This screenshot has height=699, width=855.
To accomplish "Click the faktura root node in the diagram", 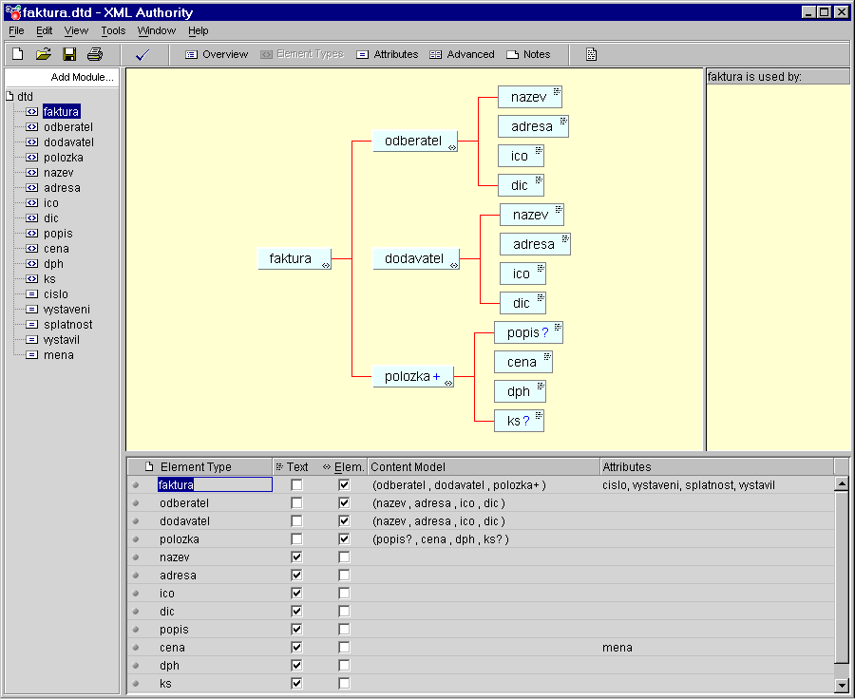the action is pyautogui.click(x=294, y=258).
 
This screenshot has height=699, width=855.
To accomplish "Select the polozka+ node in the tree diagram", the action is pyautogui.click(x=413, y=376).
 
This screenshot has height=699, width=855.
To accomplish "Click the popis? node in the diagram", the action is pyautogui.click(x=528, y=332).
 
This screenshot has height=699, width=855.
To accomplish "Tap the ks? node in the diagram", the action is pyautogui.click(x=519, y=421).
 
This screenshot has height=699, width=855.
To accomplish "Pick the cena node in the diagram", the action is pyautogui.click(x=523, y=362).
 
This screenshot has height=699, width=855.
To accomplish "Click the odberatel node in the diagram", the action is pyautogui.click(x=415, y=141).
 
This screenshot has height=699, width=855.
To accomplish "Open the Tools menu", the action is pyautogui.click(x=113, y=30).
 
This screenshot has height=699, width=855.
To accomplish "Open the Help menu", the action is pyautogui.click(x=199, y=30).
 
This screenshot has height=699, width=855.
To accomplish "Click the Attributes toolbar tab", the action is pyautogui.click(x=388, y=54).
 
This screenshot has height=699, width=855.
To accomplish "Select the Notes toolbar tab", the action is pyautogui.click(x=528, y=54).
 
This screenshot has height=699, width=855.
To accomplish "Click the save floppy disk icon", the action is pyautogui.click(x=69, y=54).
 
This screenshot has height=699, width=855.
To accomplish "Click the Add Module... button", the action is pyautogui.click(x=83, y=78).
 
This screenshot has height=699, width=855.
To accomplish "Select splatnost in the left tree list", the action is pyautogui.click(x=68, y=325).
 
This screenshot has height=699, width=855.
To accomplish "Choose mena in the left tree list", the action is pyautogui.click(x=59, y=355).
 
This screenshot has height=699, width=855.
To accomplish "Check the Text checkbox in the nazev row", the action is pyautogui.click(x=296, y=557).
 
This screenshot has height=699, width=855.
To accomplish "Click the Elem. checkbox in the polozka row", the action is pyautogui.click(x=344, y=538).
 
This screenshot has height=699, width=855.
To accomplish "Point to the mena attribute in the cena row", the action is pyautogui.click(x=617, y=647).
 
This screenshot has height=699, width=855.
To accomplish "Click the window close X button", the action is pyautogui.click(x=842, y=12).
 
